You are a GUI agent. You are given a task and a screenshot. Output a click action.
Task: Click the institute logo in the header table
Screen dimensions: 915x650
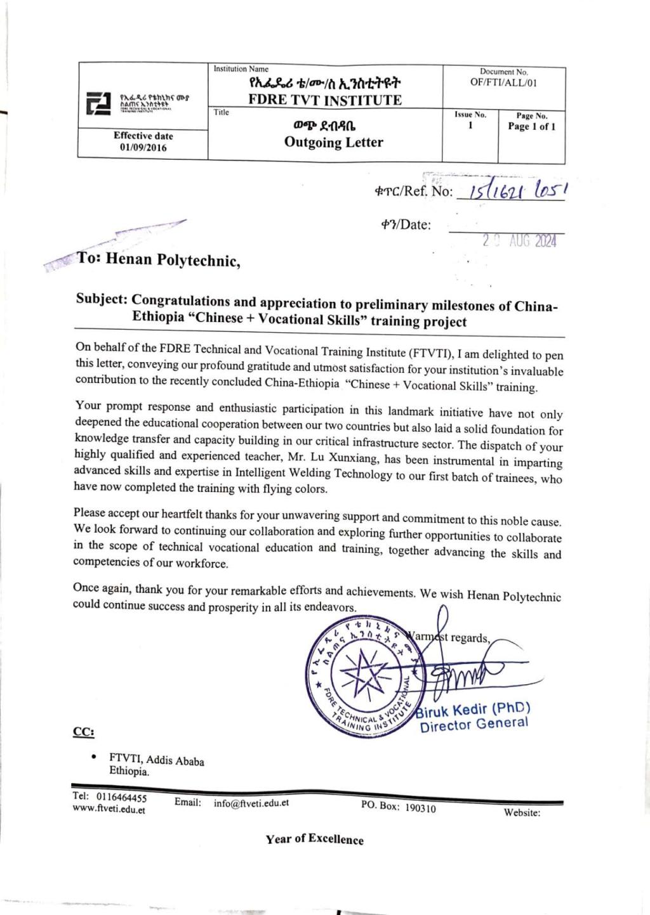[x=98, y=103]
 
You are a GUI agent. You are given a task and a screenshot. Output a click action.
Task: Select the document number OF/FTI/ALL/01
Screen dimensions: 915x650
[x=503, y=82]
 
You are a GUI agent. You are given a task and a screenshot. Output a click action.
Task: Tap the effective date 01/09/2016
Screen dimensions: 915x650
[x=143, y=147]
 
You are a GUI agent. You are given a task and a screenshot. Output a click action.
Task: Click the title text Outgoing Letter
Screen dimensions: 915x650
[x=333, y=142]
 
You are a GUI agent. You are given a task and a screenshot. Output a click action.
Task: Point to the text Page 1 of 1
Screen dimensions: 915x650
[x=531, y=126]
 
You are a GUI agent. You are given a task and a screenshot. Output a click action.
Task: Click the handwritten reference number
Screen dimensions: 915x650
[x=516, y=190]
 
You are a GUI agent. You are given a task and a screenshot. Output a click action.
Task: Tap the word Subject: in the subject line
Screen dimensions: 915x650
[x=102, y=299]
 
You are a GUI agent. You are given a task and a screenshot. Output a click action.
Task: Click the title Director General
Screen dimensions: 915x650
[x=474, y=724]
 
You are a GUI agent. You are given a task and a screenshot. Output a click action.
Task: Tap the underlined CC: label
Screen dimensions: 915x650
[x=83, y=732]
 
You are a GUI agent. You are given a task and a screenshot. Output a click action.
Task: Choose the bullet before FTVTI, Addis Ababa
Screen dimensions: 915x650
[x=94, y=756]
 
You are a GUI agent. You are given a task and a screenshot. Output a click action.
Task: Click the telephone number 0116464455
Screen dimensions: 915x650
[x=121, y=797]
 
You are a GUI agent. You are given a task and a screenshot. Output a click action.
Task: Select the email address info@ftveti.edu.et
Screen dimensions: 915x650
[x=251, y=803]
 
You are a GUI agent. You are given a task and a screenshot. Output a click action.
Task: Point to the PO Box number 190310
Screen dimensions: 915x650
[x=420, y=808]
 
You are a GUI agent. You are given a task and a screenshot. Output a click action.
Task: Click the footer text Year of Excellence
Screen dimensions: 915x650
[x=315, y=839]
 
